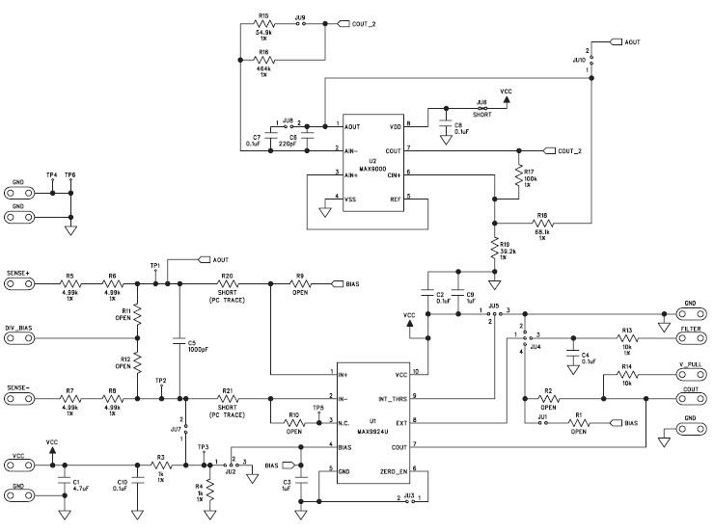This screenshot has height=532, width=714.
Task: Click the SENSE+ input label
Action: (18, 274)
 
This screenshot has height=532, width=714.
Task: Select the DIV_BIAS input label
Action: (20, 327)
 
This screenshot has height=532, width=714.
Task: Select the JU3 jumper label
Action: (410, 492)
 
